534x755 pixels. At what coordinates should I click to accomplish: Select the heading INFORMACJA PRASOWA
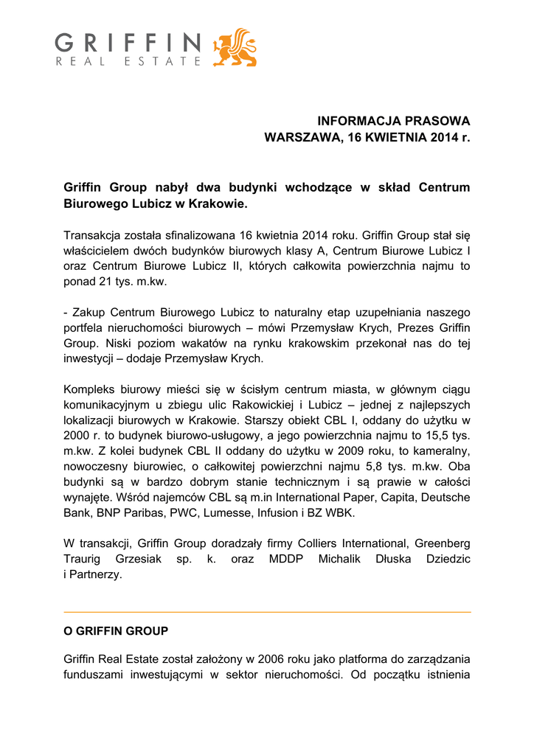coord(393,120)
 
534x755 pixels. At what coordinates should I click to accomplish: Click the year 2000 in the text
coord(77,436)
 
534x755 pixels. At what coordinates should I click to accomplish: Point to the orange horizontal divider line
coord(267,612)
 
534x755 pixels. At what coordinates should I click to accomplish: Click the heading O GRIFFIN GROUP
coord(116,631)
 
